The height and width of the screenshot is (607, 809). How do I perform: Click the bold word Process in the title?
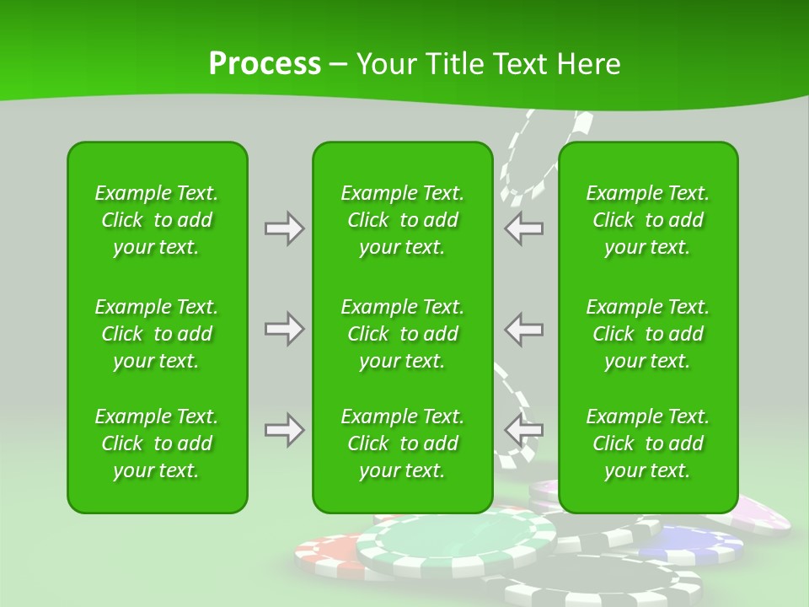click(265, 64)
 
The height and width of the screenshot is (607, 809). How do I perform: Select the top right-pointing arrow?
click(284, 228)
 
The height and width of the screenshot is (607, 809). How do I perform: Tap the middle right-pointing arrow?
click(284, 329)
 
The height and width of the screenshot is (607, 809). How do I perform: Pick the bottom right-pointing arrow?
click(284, 430)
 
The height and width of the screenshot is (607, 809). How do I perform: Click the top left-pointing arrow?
click(523, 228)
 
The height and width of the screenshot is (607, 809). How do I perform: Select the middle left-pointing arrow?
click(523, 329)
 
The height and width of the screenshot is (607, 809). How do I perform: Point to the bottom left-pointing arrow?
click(523, 430)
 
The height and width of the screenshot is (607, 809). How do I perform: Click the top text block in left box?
click(157, 220)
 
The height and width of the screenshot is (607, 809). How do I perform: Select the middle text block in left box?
click(157, 334)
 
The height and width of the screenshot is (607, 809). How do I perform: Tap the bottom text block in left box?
click(157, 443)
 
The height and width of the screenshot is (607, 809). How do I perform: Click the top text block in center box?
click(402, 220)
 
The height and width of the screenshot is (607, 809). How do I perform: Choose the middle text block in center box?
click(402, 334)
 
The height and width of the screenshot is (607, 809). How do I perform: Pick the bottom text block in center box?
click(402, 443)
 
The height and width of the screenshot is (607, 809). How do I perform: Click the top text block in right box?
click(647, 220)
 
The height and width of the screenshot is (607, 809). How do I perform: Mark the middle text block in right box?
click(647, 334)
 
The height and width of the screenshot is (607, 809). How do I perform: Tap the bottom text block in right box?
click(647, 443)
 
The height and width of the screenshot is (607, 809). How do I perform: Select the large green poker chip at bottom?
click(455, 544)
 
